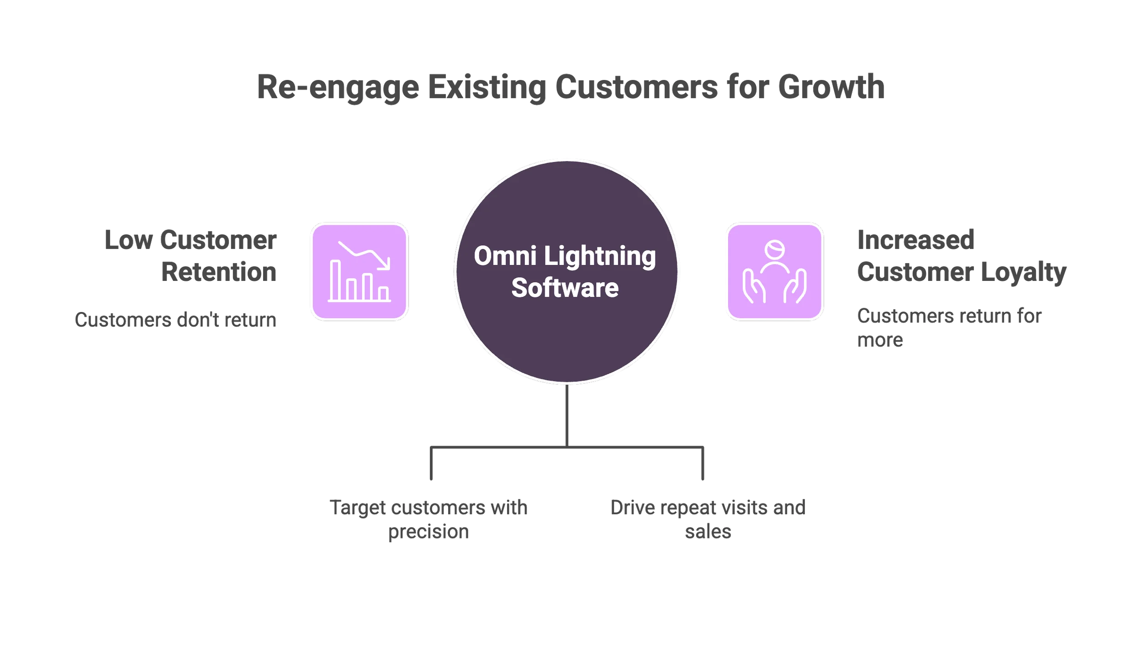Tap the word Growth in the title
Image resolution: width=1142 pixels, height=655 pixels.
coord(831,87)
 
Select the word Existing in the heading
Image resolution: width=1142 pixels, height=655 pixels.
coord(486,87)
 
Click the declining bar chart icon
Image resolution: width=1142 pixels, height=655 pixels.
coord(360,272)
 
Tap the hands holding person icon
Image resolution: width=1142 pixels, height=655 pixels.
coord(774,272)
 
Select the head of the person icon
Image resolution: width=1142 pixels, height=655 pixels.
coord(774,249)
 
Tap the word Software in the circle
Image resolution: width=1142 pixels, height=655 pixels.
coord(565,288)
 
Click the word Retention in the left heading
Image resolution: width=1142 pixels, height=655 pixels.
coord(219,272)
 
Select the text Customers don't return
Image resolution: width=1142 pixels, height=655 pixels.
coord(175,320)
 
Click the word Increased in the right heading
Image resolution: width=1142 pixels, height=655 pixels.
coord(916,240)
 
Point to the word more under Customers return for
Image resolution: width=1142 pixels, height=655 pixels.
coord(879,340)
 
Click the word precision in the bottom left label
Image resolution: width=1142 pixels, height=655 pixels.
coord(428,532)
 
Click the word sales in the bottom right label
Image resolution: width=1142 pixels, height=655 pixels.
coord(708,532)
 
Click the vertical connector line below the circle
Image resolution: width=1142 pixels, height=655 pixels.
coord(567,416)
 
